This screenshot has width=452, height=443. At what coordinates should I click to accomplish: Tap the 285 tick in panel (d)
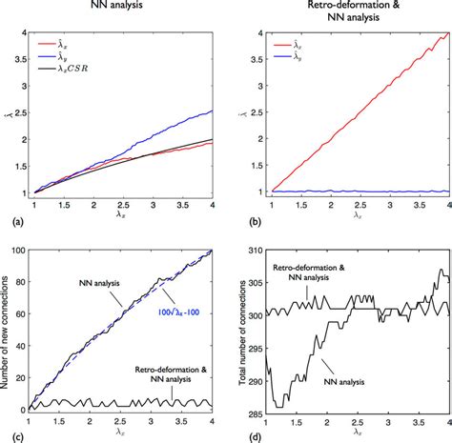click(x=252, y=414)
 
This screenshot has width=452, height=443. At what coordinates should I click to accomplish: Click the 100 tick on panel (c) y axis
click(x=21, y=252)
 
